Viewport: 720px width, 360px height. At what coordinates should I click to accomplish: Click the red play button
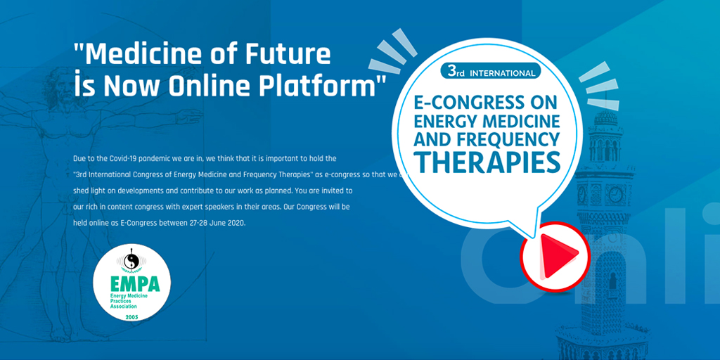[549, 252]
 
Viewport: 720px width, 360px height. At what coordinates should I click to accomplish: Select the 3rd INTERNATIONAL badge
[490, 72]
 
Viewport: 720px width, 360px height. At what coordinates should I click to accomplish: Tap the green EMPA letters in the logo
[135, 285]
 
